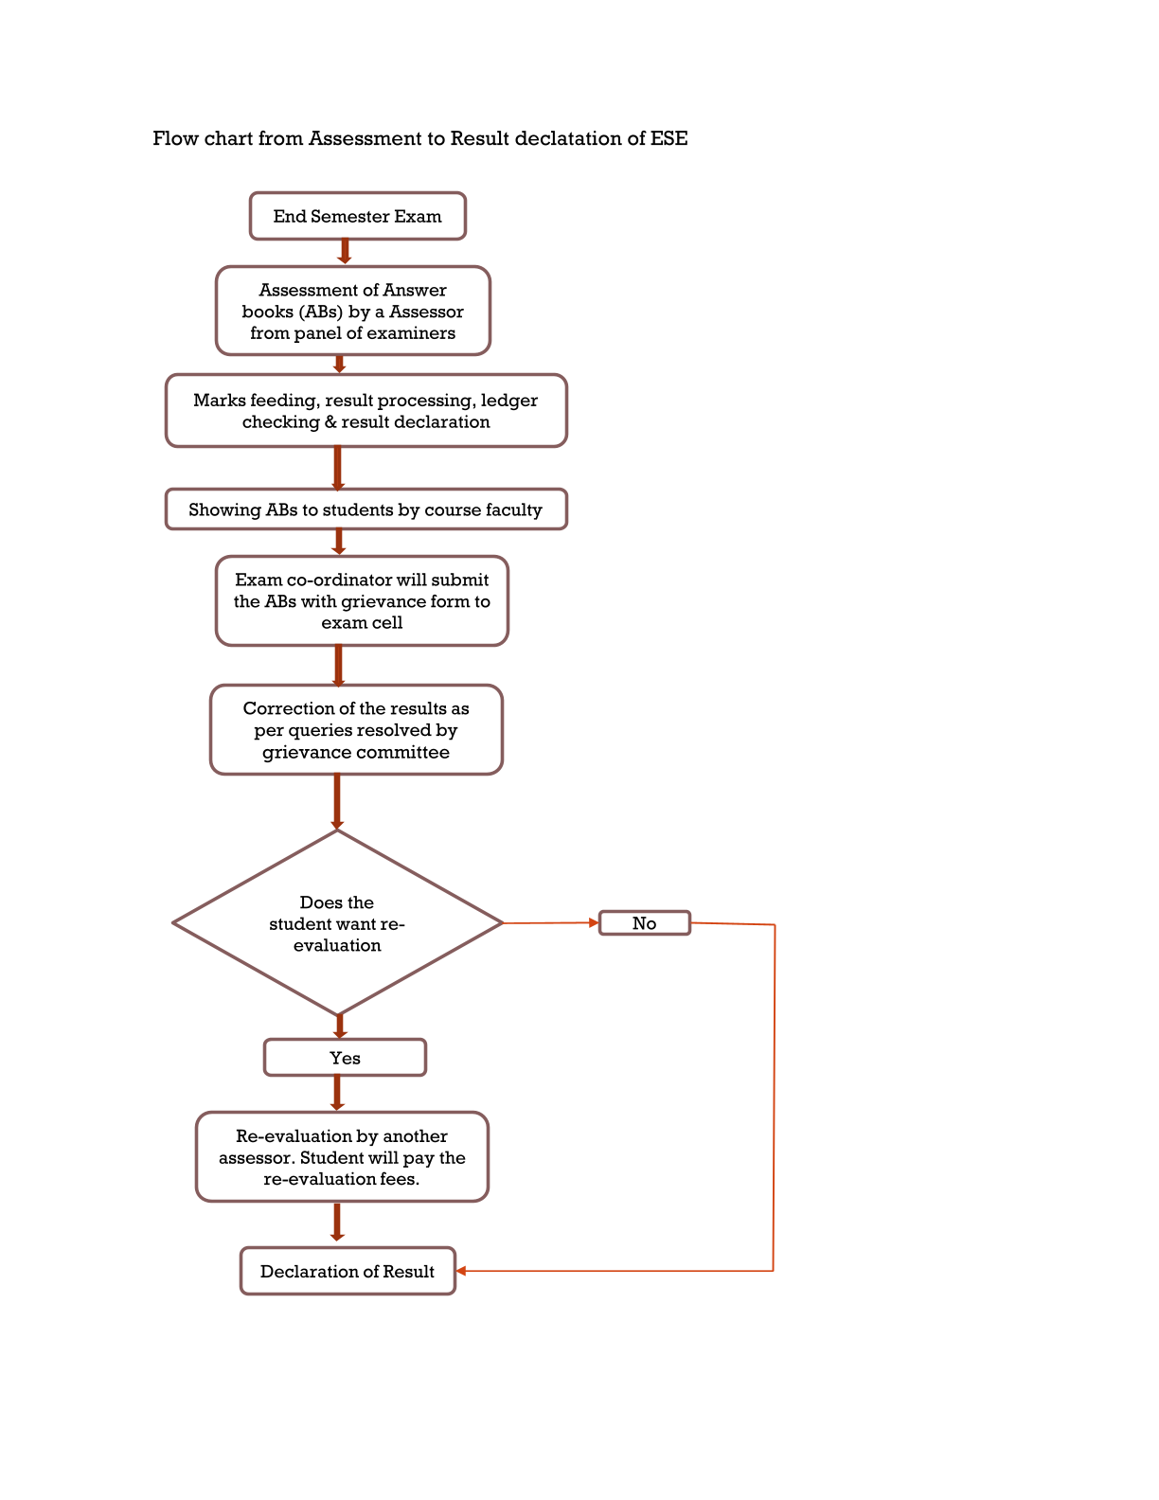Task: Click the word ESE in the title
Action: coord(669,139)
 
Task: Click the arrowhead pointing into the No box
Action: coord(594,923)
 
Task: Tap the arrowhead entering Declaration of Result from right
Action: coord(461,1271)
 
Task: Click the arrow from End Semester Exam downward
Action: coord(345,252)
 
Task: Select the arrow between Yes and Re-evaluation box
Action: coord(337,1094)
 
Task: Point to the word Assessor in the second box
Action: coord(427,312)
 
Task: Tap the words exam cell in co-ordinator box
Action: coord(362,623)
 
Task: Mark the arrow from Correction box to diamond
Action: coord(337,802)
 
